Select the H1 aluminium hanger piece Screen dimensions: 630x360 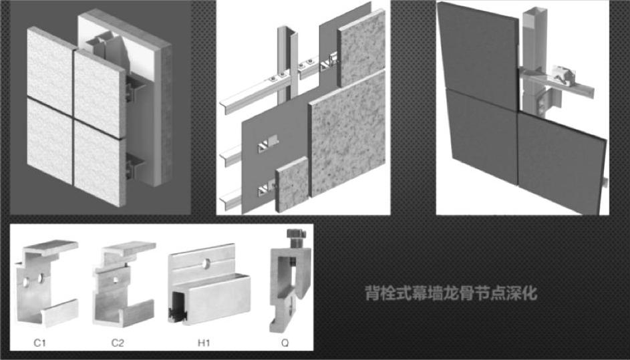[x=207, y=287]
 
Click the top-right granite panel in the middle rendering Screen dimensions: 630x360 [x=361, y=47]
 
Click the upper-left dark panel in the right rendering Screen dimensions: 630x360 [x=478, y=57]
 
